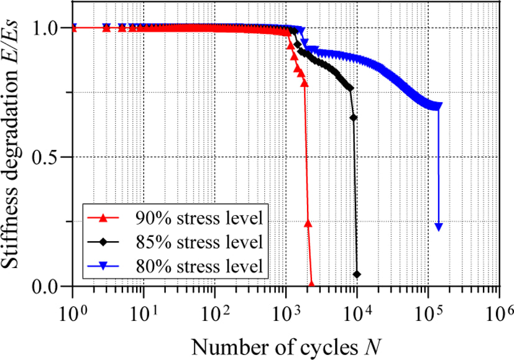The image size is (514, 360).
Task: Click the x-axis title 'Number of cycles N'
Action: pyautogui.click(x=286, y=348)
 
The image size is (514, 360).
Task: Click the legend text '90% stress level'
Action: pyautogui.click(x=200, y=218)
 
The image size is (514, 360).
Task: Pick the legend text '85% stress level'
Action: pyautogui.click(x=200, y=242)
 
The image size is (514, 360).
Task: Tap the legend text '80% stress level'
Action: pyautogui.click(x=200, y=266)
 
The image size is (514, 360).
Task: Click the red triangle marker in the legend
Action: pyautogui.click(x=103, y=218)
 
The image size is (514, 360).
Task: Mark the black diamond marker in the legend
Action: pyautogui.click(x=103, y=242)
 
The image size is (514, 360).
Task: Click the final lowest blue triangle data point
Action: pyautogui.click(x=438, y=227)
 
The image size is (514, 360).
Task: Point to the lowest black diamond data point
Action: pyautogui.click(x=357, y=274)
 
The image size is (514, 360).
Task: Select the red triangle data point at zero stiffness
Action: pyautogui.click(x=311, y=284)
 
